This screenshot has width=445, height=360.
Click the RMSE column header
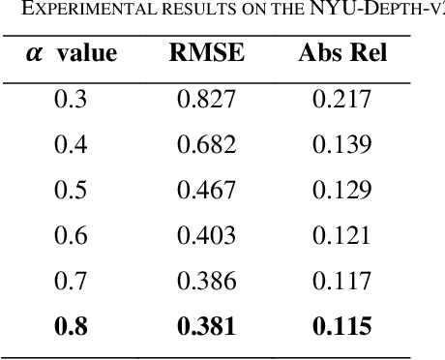click(x=206, y=52)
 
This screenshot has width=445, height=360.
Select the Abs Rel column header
click(x=342, y=52)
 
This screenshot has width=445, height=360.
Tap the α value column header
click(x=69, y=52)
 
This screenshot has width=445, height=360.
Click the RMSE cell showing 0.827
click(x=206, y=99)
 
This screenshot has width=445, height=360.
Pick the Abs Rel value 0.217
click(x=342, y=99)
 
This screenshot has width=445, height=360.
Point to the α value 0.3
click(x=69, y=99)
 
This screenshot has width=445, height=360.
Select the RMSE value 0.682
click(x=206, y=144)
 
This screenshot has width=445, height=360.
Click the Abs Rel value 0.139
click(x=342, y=144)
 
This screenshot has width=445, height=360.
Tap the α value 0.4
click(x=69, y=144)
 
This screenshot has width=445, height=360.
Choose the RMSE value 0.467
click(x=206, y=190)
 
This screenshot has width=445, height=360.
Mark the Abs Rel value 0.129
click(x=342, y=190)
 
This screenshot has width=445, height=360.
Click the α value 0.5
click(x=69, y=190)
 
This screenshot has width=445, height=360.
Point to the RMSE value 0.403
click(x=206, y=235)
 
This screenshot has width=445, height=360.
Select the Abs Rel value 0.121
click(x=342, y=235)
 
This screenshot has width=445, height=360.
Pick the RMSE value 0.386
click(x=206, y=281)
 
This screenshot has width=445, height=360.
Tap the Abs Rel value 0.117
click(x=342, y=281)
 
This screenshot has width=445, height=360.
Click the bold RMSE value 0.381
click(x=206, y=326)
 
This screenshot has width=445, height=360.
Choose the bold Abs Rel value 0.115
click(x=342, y=326)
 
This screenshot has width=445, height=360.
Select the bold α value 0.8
click(x=69, y=326)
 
